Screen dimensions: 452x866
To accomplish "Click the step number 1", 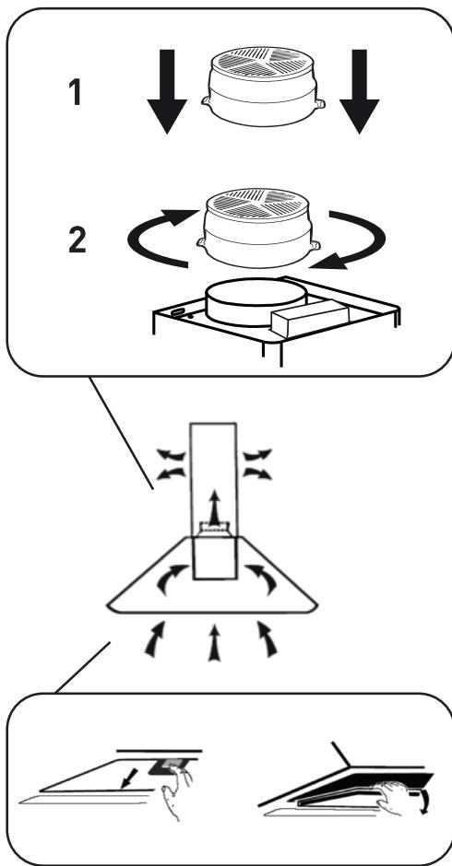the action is coord(76,92).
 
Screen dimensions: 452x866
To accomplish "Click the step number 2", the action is coord(77,240).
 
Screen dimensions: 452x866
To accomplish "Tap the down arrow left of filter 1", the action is coord(167,91).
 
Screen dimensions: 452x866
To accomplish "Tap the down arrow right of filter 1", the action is coord(359,91).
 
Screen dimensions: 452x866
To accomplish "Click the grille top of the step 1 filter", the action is coord(263,62).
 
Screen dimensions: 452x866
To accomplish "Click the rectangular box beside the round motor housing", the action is coord(310,318).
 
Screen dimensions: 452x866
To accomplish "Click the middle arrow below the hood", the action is coord(214,642).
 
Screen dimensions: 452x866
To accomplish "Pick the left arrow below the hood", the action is coord(156,639).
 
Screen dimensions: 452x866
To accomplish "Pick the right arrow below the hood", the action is coord(268,639).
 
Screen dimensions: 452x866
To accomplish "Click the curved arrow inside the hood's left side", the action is coord(171,579).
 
